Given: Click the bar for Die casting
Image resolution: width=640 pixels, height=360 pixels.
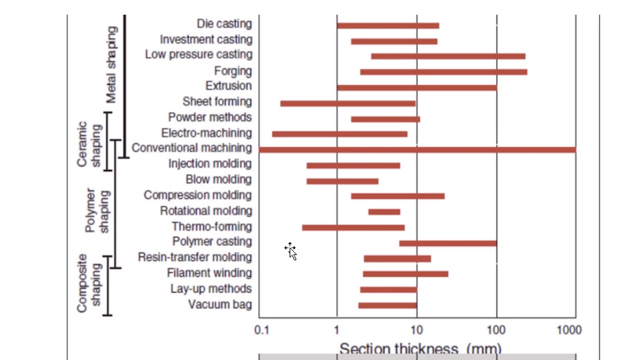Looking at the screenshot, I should pos(388,26).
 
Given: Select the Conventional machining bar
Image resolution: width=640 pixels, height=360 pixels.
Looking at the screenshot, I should pos(417,149).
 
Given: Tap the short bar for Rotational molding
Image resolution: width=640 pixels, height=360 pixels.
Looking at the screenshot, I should pos(384,212).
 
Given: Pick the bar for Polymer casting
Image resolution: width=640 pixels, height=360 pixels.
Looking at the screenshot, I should pos(447,243).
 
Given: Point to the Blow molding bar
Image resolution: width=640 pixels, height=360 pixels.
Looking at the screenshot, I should pos(342,181).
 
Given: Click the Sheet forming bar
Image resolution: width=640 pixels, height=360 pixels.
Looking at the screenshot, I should pos(347,103).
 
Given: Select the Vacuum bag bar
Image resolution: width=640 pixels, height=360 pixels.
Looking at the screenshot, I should pos(387,305).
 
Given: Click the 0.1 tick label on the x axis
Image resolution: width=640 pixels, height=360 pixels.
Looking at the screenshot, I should pos(261,330).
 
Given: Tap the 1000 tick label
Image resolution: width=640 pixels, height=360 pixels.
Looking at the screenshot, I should pos(569,330).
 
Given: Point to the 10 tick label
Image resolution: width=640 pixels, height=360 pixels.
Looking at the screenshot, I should pos(416,330).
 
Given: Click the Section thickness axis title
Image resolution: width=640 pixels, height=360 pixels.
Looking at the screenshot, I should pos(420,348).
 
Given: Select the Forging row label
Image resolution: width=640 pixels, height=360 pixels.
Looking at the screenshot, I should pos(233,71).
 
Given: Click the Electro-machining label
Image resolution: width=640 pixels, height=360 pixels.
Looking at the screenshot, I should pos(206,133).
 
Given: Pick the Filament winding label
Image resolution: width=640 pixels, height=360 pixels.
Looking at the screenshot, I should pos(209,273).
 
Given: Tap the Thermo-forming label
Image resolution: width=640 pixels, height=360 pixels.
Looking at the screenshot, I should pos(212,227).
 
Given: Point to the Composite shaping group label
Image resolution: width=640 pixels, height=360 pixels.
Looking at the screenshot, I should pos(89,283).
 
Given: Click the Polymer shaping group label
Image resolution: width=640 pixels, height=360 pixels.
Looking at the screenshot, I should pos(97,210).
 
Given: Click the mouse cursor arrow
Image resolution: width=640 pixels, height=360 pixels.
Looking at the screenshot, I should pos(291,251).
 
